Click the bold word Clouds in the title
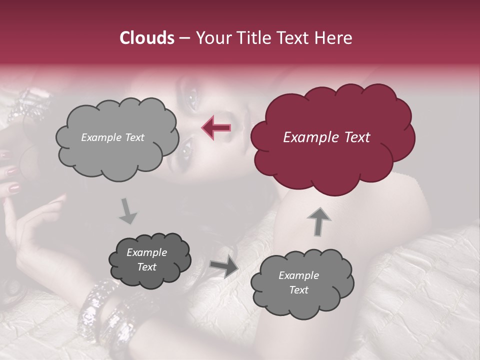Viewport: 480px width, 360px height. [x=147, y=38]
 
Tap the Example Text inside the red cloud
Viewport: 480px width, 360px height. [x=326, y=137]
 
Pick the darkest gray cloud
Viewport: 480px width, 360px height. [x=150, y=260]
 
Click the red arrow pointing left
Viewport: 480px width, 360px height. [x=216, y=127]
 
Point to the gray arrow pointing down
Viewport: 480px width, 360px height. [x=128, y=211]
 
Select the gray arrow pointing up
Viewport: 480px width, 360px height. [x=318, y=221]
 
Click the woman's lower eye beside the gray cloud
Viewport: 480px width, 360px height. [x=186, y=147]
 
